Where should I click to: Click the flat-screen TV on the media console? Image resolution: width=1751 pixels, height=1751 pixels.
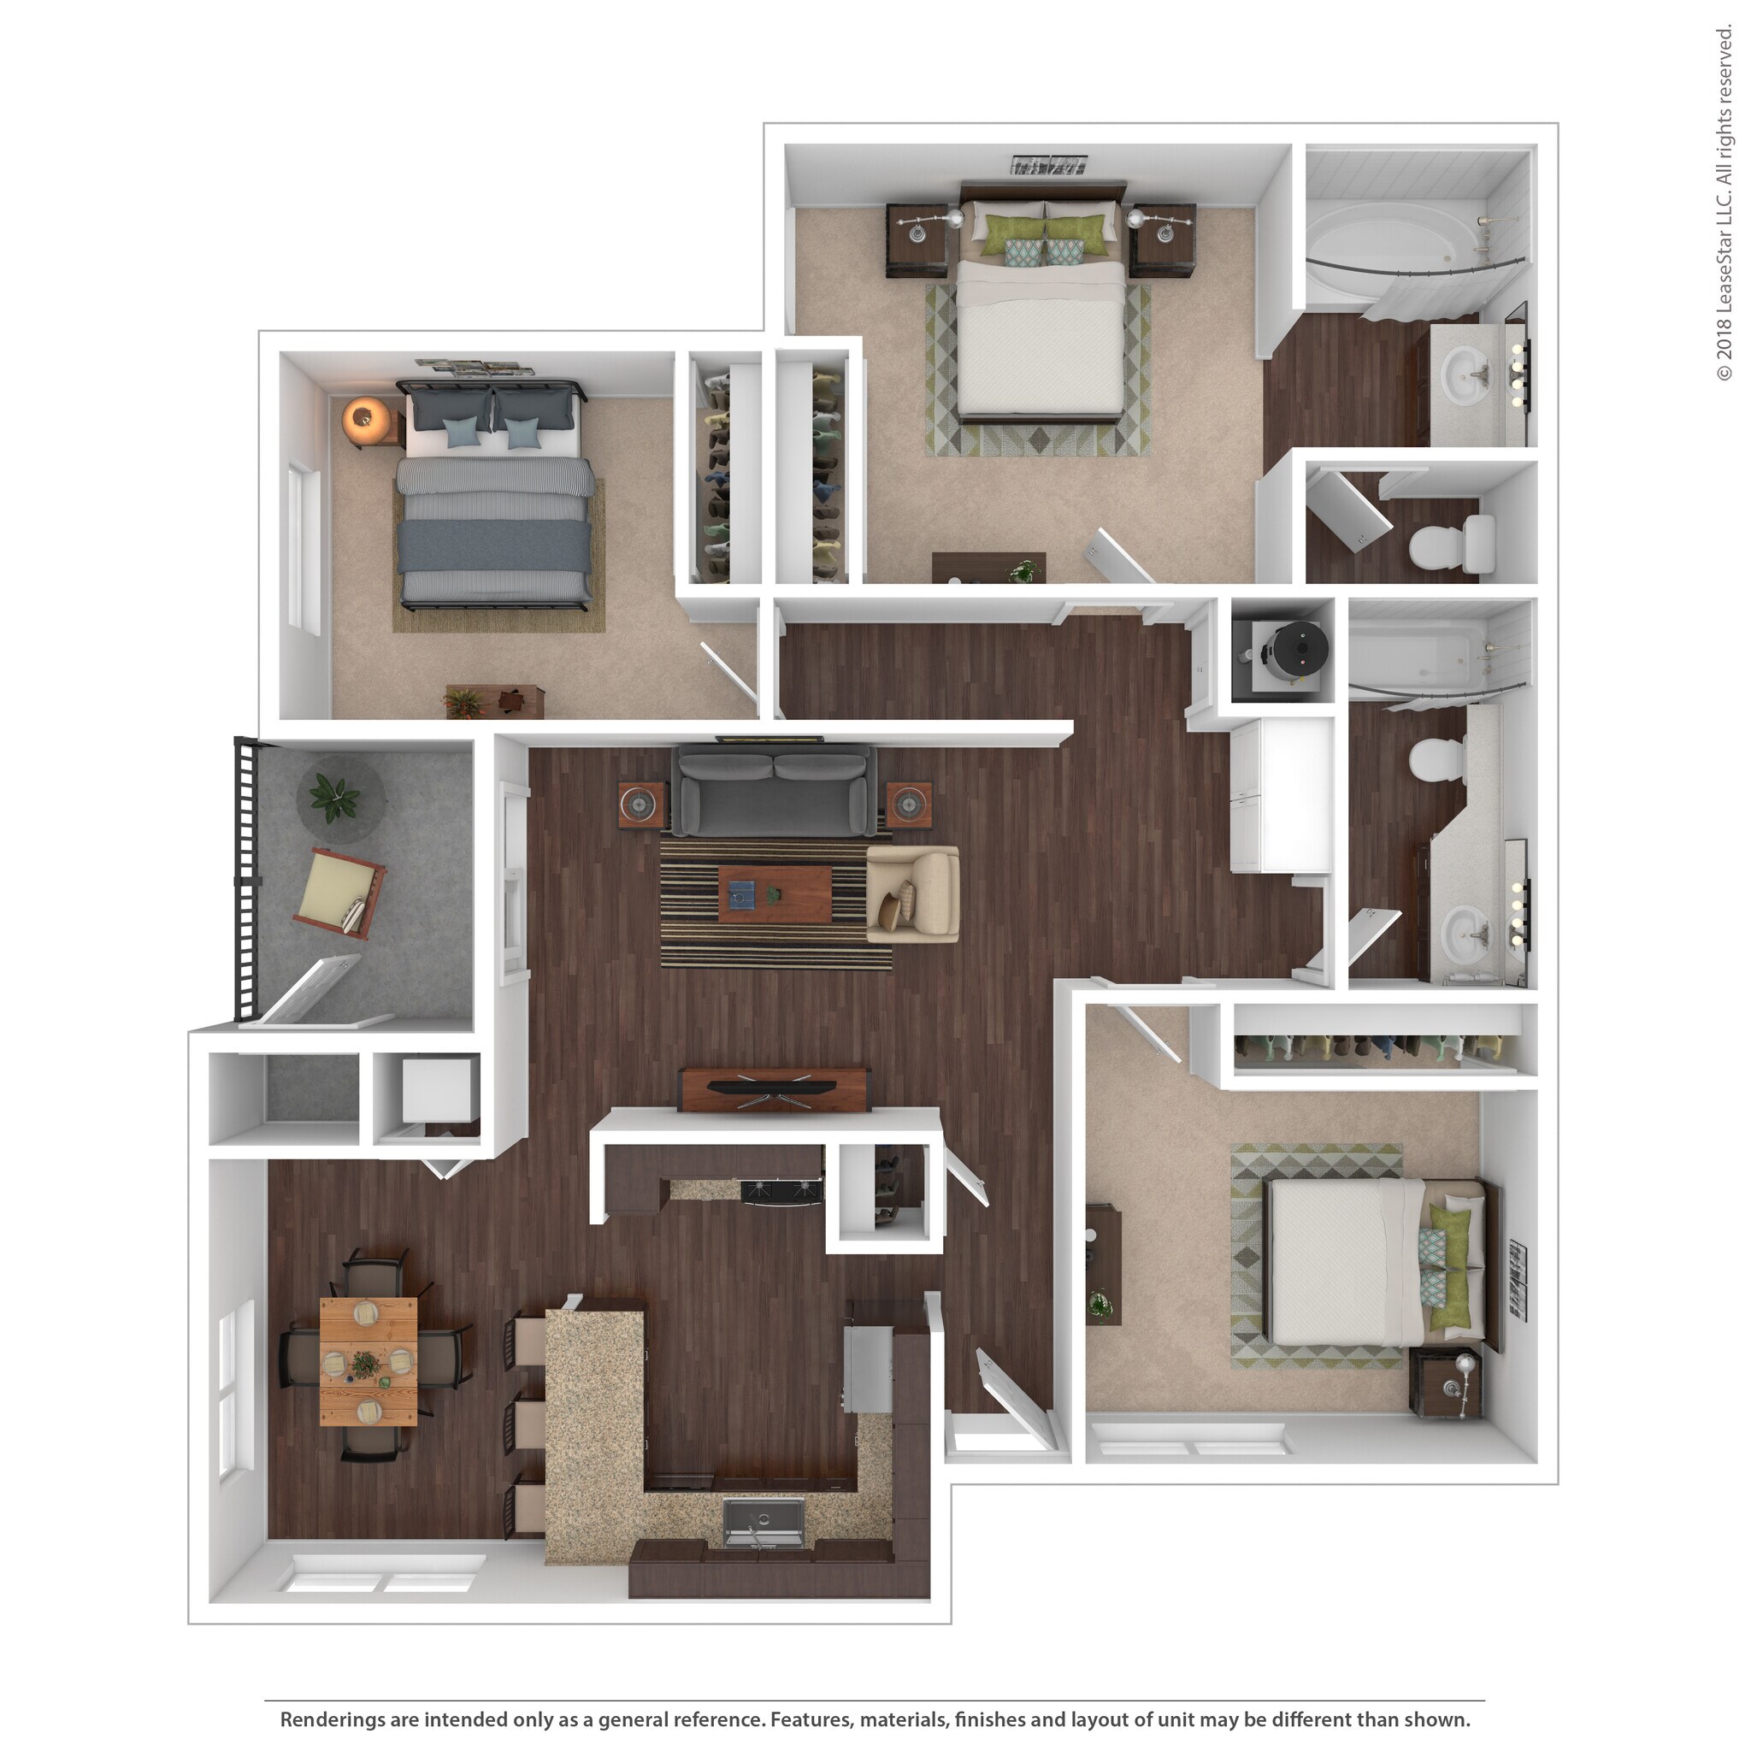tap(773, 1086)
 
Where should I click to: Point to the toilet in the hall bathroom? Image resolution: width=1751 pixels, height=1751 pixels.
tap(1438, 758)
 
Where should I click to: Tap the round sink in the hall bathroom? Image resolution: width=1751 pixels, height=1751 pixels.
tap(1466, 932)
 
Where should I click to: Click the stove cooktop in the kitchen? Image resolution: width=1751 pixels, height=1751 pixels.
tap(782, 1191)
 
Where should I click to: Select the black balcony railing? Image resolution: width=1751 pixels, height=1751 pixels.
tap(245, 878)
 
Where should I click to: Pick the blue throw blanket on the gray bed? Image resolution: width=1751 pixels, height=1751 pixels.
tap(495, 545)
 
